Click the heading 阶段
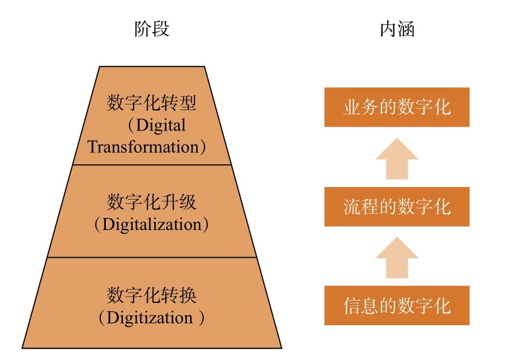152,29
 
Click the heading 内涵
397,29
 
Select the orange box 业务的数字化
397,107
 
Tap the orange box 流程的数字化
397,207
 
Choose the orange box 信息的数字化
397,306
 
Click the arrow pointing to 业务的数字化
397,159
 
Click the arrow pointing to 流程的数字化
397,258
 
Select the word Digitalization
152,225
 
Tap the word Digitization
149,318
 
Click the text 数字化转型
152,103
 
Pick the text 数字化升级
152,202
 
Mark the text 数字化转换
152,295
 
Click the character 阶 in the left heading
143,29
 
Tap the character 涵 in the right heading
406,29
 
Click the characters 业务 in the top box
361,107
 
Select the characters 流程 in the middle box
361,207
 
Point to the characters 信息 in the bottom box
361,306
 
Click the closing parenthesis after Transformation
203,147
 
